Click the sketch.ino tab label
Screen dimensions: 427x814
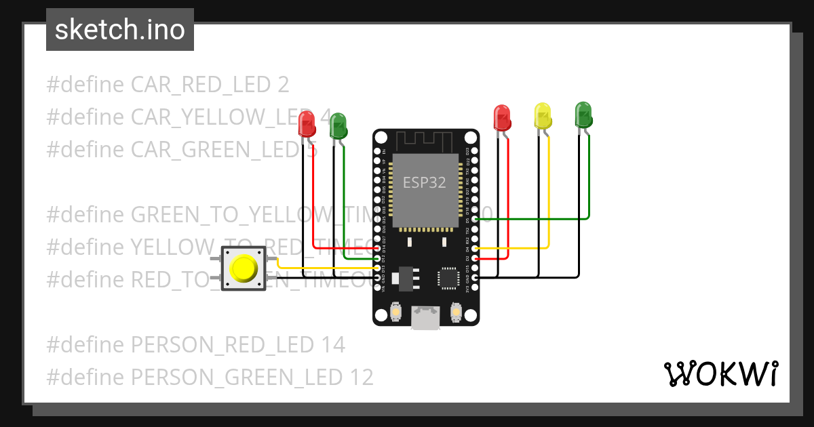pos(120,30)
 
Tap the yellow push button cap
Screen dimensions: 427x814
pos(244,268)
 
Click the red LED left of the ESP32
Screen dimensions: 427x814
pos(307,123)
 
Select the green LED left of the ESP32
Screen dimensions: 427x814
pos(338,126)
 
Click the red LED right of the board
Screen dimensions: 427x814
pos(502,117)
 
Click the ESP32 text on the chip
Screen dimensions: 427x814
pos(425,182)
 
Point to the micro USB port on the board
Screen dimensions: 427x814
pos(425,318)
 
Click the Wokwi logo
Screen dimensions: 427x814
pos(720,373)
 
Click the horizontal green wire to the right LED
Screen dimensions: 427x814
pos(536,219)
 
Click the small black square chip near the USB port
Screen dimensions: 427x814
pos(448,278)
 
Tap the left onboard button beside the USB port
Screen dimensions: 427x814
pos(396,312)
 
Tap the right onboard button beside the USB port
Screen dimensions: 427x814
pos(455,312)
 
